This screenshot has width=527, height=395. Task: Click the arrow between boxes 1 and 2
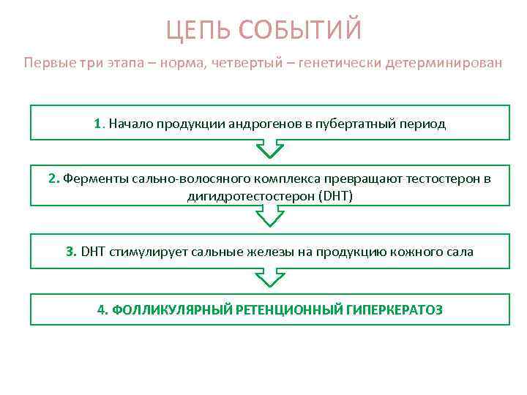(x=269, y=150)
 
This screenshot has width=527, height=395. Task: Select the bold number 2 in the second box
(x=53, y=178)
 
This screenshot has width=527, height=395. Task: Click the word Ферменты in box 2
(x=90, y=178)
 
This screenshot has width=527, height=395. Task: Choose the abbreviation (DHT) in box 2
(x=336, y=196)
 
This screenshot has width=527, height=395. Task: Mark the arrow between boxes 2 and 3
(x=269, y=217)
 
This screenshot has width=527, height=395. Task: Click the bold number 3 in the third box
(x=70, y=252)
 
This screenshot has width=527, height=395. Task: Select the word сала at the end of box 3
(x=460, y=252)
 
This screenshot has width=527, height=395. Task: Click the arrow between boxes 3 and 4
(x=269, y=277)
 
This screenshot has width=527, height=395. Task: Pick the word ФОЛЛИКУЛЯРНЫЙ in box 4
(x=171, y=309)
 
